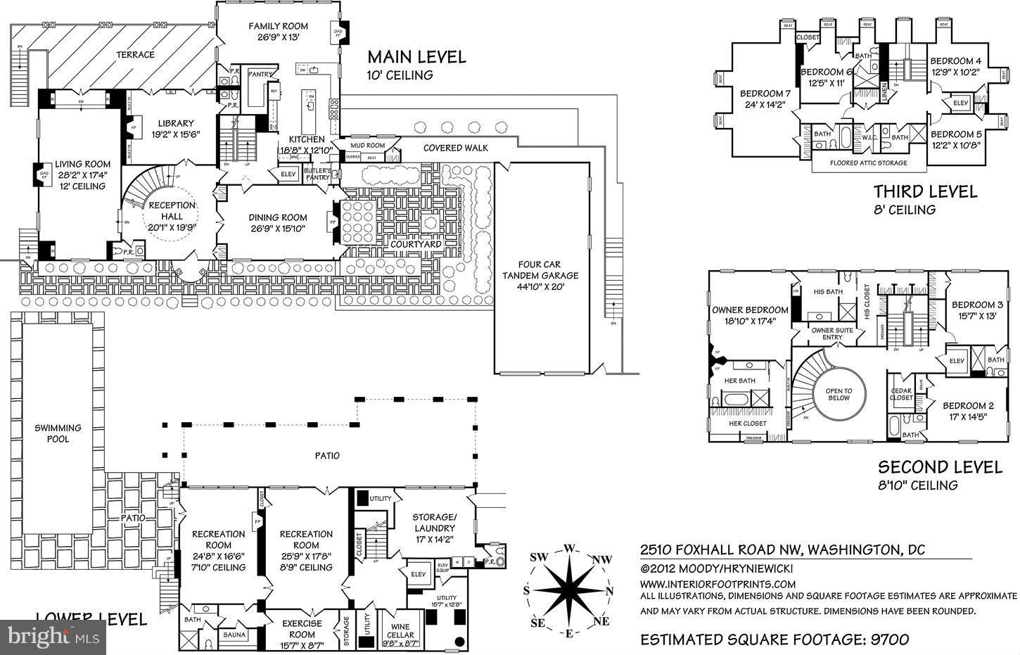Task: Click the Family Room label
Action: coord(278,27)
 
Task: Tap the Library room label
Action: coord(175,124)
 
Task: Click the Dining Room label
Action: coord(278,217)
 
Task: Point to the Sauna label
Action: coord(234,635)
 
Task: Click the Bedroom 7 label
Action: coord(765,94)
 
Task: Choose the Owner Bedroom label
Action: coord(750,310)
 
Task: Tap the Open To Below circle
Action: coord(839,394)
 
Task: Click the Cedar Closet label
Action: coord(901,394)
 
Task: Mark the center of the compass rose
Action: coord(569,590)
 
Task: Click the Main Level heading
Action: coord(416,57)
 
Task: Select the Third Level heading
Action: coord(925,191)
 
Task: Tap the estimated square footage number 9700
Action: coord(889,639)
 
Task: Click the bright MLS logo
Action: coord(53,637)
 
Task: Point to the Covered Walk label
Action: coord(456,148)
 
